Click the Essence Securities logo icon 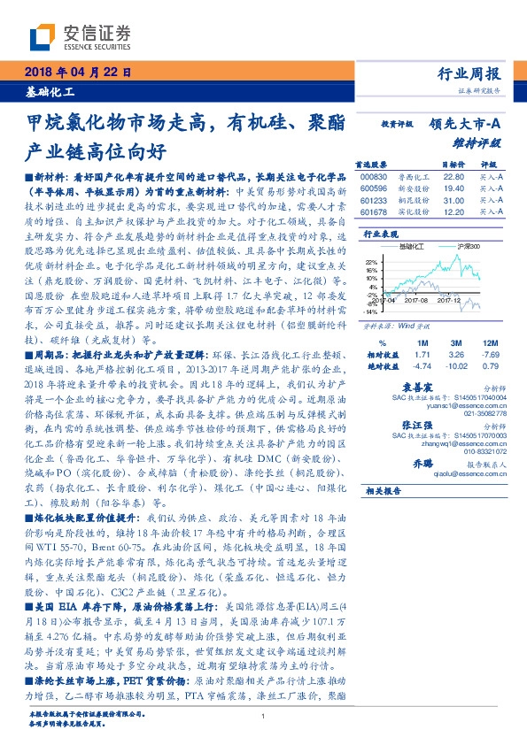pyautogui.click(x=42, y=35)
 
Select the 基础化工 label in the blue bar pyautogui.click(x=50, y=91)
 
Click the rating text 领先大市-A pyautogui.click(x=466, y=125)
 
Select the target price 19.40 pyautogui.click(x=453, y=188)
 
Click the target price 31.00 pyautogui.click(x=453, y=200)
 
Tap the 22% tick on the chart pyautogui.click(x=369, y=262)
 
